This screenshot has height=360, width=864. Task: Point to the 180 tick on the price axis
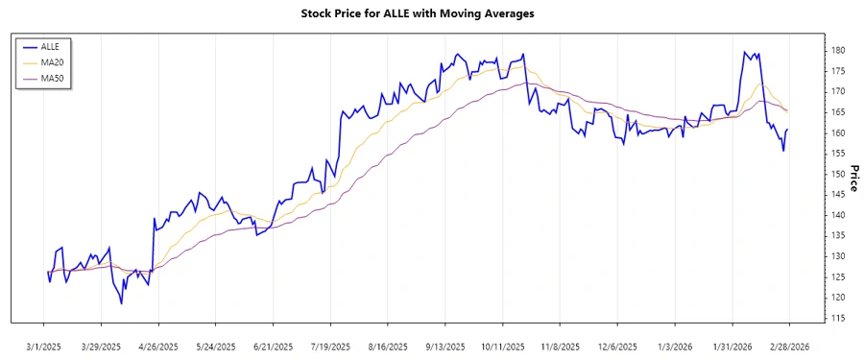[838, 50]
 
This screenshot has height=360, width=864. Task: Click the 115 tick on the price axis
[838, 318]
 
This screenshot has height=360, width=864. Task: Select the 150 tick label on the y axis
[838, 174]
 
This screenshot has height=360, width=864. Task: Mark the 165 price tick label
[838, 111]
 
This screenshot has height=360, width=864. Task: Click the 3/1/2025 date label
[44, 346]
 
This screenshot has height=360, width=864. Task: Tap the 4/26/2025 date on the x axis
[158, 346]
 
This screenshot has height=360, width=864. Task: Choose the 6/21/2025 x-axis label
[274, 346]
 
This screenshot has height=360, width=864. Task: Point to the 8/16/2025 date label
[388, 346]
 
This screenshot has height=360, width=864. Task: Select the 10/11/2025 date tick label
[503, 346]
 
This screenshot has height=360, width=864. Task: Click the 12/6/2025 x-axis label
[617, 346]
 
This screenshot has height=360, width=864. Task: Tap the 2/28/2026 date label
[789, 346]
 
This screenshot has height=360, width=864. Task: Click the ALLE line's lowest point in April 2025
[122, 303]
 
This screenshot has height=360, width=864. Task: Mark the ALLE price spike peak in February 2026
[745, 52]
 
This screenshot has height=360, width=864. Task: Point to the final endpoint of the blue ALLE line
[788, 130]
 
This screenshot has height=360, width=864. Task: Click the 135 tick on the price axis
[838, 235]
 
